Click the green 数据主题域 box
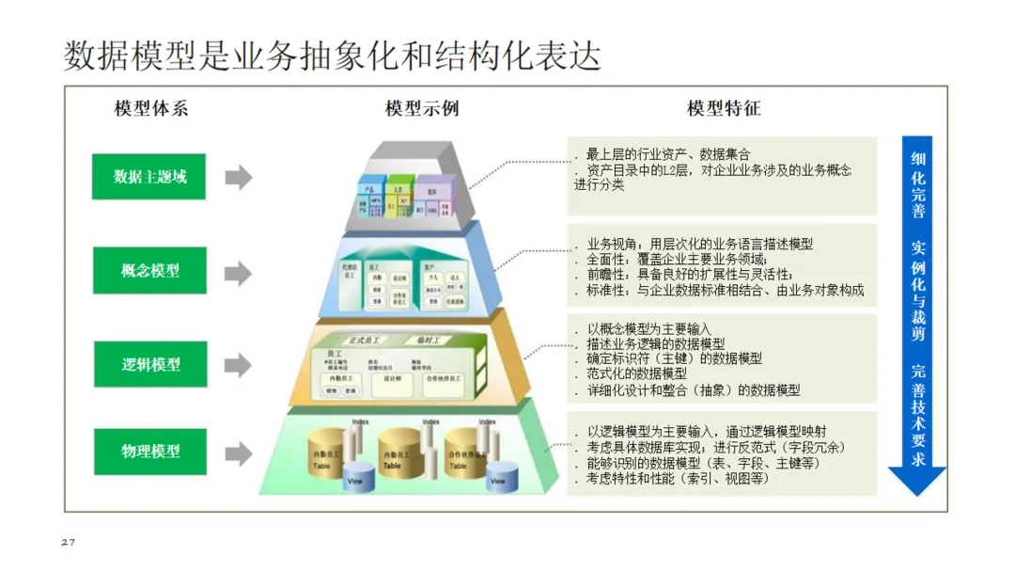click(149, 177)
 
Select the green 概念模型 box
click(149, 271)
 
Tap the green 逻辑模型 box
click(149, 364)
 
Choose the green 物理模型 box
click(149, 452)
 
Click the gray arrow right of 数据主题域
click(238, 177)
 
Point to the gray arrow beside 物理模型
click(238, 453)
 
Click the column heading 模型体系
click(150, 108)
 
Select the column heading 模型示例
click(422, 108)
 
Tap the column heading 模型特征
click(724, 108)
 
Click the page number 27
click(67, 543)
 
